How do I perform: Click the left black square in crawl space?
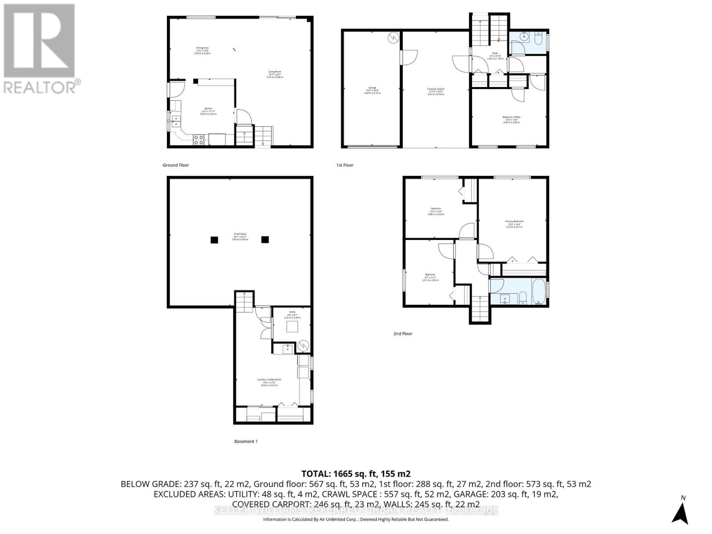point(214,239)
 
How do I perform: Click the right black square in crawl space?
point(265,239)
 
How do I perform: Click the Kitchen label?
point(208,109)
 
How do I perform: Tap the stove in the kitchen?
point(198,140)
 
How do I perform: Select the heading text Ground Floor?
point(176,165)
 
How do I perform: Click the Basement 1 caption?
point(246,441)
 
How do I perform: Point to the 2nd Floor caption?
point(402,333)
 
